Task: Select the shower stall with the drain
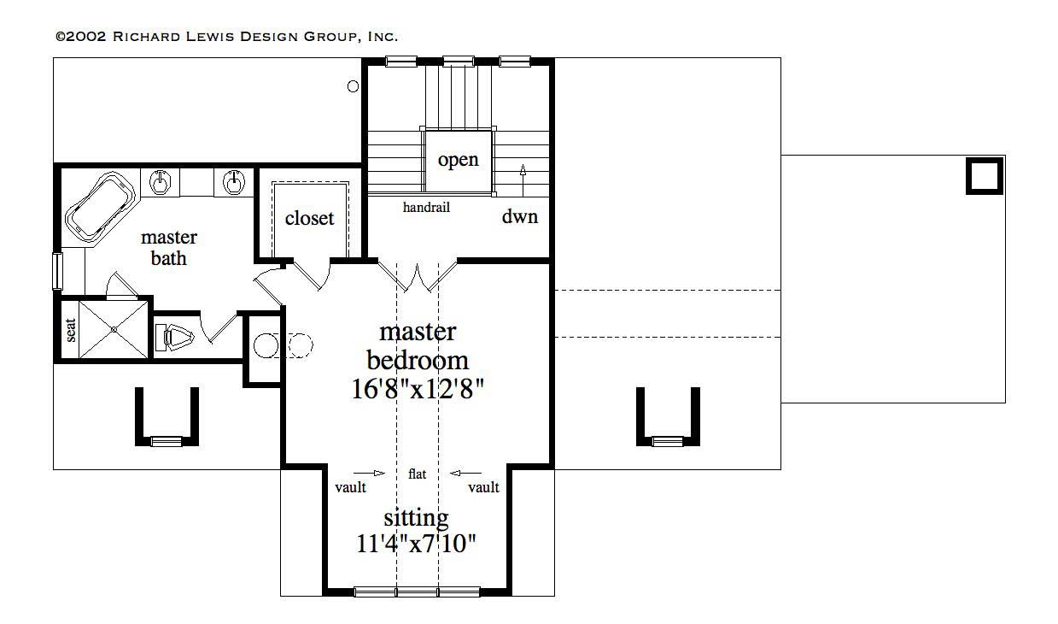coord(114,329)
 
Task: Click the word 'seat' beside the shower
coord(71,329)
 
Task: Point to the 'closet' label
coord(309,219)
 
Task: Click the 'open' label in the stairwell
coord(459,161)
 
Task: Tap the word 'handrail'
coord(426,207)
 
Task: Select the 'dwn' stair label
coord(519,217)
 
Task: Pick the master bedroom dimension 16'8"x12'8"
coord(418,389)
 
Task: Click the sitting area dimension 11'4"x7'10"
coord(416,543)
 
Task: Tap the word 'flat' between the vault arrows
coord(417,474)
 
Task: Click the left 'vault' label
coord(350,487)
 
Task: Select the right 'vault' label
coord(483,487)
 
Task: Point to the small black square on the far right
coord(984,176)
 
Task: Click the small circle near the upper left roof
coord(353,85)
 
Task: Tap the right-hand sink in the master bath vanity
coord(233,181)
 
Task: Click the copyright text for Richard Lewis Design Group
coord(226,36)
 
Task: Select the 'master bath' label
coord(168,247)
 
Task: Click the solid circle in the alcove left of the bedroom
coord(266,345)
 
